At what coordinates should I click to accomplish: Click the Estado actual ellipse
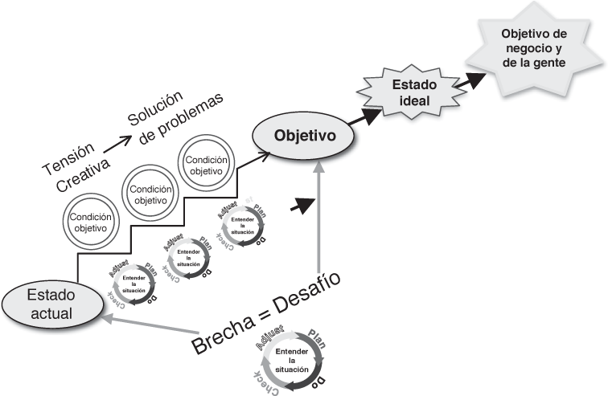50,304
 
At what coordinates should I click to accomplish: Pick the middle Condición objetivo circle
149,191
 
